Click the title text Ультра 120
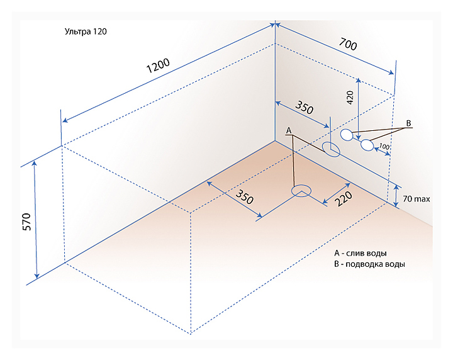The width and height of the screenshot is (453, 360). tap(86, 31)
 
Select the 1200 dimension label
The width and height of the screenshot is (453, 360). tap(158, 66)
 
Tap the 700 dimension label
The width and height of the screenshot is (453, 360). tap(348, 44)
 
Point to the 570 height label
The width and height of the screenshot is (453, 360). tap(26, 222)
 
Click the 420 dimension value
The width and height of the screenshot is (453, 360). tap(350, 98)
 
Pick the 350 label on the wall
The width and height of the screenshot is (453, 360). tap(305, 107)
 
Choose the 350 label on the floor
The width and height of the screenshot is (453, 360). tap(244, 197)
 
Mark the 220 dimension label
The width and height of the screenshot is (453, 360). tap(344, 198)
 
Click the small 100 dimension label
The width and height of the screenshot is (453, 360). tap(384, 146)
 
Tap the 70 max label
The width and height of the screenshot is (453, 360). tap(417, 199)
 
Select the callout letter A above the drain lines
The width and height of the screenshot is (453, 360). tap(289, 131)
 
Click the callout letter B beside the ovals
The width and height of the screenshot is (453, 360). tap(408, 123)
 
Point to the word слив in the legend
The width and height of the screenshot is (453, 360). tap(355, 253)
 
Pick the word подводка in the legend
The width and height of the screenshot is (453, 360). tap(365, 264)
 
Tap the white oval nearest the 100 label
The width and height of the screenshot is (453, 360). tap(367, 145)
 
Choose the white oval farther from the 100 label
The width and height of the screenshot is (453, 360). tap(347, 135)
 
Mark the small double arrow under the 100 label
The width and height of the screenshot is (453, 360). tap(383, 152)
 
